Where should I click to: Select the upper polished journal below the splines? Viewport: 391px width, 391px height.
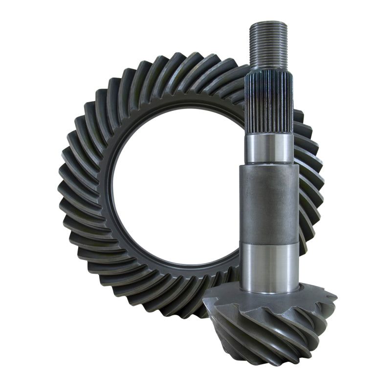tap(269, 148)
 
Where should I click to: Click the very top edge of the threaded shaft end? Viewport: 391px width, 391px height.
tap(267, 22)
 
